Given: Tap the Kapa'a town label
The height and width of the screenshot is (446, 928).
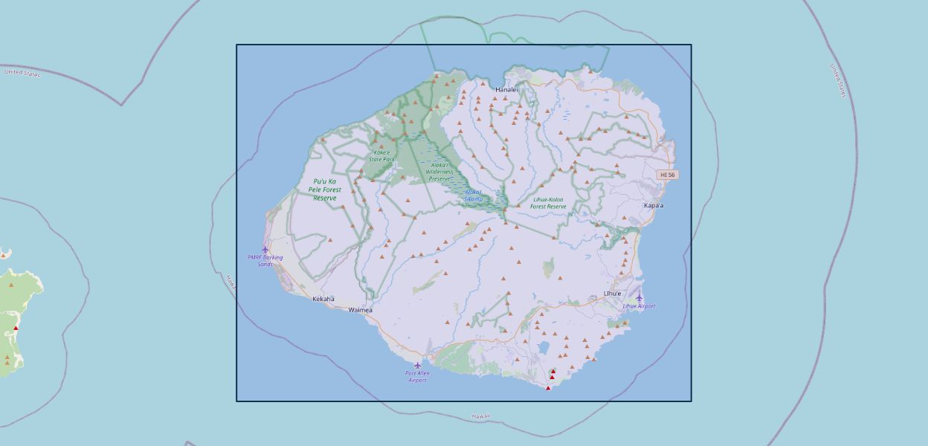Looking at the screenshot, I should [x=654, y=205].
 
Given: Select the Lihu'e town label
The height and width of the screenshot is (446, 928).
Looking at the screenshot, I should [x=612, y=294].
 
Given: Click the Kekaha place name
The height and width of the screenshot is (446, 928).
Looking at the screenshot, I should [x=323, y=299].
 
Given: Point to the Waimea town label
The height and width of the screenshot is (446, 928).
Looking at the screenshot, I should [x=361, y=310].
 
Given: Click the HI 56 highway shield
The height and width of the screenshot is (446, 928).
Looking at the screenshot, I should [x=668, y=175].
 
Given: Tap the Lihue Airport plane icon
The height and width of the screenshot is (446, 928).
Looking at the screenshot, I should [x=639, y=298].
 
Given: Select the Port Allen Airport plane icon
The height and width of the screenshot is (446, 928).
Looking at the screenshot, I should [x=418, y=365].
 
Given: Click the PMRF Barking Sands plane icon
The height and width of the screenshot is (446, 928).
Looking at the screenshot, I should [x=265, y=250].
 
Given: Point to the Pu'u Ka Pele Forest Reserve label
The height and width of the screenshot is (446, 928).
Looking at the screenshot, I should [x=325, y=190].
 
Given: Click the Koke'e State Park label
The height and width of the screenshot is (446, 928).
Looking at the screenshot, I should [x=381, y=156].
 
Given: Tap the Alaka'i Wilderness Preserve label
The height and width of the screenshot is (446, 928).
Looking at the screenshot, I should [x=439, y=172].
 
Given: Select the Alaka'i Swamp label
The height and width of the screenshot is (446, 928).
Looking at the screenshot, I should [x=473, y=195].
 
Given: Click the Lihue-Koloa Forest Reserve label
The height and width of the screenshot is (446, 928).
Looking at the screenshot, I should [x=549, y=203].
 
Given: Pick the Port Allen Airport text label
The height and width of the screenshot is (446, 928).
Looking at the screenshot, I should [x=418, y=377].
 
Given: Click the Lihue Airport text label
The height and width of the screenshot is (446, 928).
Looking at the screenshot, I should [x=639, y=306].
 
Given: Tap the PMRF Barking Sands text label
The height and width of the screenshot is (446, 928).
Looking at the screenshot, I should [x=265, y=261].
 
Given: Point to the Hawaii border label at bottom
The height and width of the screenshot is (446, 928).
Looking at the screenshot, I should [x=481, y=417].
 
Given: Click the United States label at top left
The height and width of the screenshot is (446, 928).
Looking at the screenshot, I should [x=22, y=72].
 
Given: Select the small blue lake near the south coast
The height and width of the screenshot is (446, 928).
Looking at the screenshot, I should [x=544, y=347].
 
